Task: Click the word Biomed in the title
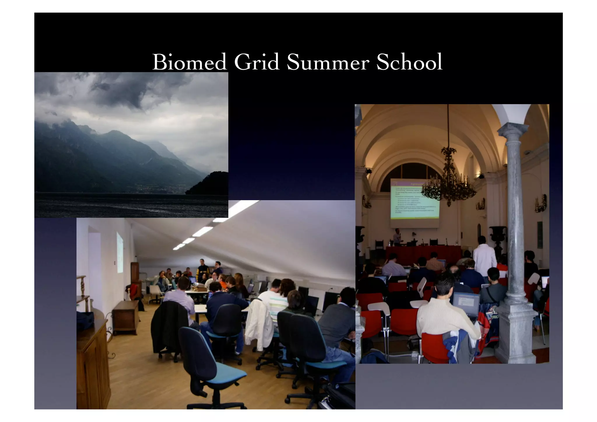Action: pos(189,62)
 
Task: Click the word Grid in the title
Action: pos(257,62)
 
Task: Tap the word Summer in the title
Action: pos(328,62)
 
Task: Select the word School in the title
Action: pos(409,62)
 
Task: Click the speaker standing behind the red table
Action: pos(397,237)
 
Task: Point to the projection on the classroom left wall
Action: pos(120,252)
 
